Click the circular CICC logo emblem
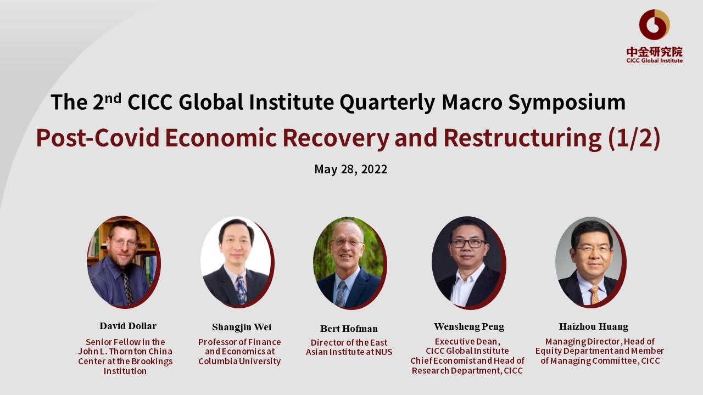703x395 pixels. pos(654,25)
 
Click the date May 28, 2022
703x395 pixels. pos(351,170)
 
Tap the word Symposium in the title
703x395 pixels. pos(567,103)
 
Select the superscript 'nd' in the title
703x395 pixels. pos(113,98)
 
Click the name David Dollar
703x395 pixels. pos(128,326)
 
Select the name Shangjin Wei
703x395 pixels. pos(242,328)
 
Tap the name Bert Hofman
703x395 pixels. pos(349,329)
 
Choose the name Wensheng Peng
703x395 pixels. pos(469,326)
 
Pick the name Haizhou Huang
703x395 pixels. pos(594,326)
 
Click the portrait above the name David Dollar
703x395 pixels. pos(124,262)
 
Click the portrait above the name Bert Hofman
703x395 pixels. pos(350,263)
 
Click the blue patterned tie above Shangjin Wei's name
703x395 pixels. pos(241,290)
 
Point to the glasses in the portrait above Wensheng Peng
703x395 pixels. pos(468,243)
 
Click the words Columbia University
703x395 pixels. pos(239,361)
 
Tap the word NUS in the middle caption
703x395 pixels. pos(384,352)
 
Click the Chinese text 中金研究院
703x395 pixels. pos(654,52)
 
